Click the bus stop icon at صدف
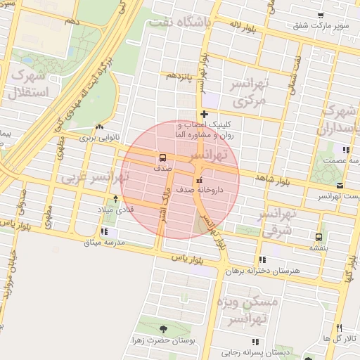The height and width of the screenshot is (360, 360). point(163,157)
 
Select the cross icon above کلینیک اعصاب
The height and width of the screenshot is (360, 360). point(204,114)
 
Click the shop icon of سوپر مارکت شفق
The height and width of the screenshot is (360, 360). point(321,15)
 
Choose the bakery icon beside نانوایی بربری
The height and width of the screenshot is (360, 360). point(99,127)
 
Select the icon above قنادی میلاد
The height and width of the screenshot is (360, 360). point(116,199)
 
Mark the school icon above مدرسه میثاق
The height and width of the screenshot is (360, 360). point(104,231)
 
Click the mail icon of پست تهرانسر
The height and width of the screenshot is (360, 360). point(340,186)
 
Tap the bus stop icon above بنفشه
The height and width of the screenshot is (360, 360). point(319,237)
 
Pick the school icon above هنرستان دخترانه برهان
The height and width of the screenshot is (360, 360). point(262,259)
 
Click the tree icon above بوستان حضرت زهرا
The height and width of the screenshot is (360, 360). point(163,329)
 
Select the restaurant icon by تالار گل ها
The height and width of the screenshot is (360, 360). point(338,328)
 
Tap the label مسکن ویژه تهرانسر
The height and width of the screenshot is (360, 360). point(250,311)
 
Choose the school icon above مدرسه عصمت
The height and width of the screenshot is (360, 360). point(345,149)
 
